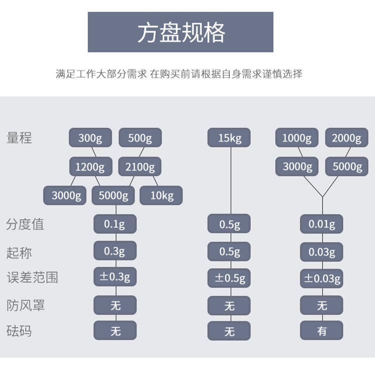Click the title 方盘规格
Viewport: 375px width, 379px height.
click(x=180, y=32)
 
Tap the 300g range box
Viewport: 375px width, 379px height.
click(x=90, y=138)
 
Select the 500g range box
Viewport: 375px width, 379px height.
click(x=140, y=138)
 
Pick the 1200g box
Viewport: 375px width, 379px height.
click(x=90, y=166)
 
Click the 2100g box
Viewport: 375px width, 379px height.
click(x=140, y=166)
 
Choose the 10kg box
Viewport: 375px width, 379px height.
click(x=161, y=195)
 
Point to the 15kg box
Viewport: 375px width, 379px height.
click(x=229, y=138)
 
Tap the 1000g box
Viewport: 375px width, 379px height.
click(x=297, y=138)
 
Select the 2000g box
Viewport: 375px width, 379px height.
click(x=346, y=138)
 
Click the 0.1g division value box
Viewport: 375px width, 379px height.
click(x=115, y=224)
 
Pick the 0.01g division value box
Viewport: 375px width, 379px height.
click(x=321, y=224)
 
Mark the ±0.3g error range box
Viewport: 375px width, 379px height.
click(x=115, y=276)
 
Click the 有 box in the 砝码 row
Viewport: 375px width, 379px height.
click(x=321, y=330)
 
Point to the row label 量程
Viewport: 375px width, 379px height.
click(x=19, y=138)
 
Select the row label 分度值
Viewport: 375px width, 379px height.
click(x=25, y=224)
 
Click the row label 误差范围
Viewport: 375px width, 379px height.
click(x=32, y=277)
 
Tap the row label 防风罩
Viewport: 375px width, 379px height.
click(x=25, y=304)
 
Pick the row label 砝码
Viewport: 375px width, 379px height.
click(x=19, y=330)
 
